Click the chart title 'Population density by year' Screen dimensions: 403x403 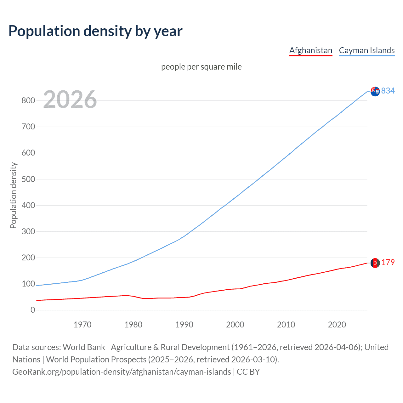[95, 31]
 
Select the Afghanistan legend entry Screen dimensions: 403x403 [310, 50]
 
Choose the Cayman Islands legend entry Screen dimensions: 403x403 [366, 50]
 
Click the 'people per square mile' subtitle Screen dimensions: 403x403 [201, 67]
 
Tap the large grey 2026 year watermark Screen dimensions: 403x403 [70, 99]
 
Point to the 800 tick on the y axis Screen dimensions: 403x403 [28, 101]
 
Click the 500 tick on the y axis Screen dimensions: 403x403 [28, 179]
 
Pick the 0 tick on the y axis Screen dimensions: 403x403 [33, 310]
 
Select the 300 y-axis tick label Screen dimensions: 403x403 [28, 231]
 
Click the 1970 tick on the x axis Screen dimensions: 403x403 [82, 325]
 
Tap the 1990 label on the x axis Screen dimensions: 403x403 [184, 325]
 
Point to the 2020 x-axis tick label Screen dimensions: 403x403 [337, 325]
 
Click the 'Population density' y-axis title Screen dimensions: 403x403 [13, 195]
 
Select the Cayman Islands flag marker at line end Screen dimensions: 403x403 [375, 92]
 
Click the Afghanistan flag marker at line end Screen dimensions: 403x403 [375, 263]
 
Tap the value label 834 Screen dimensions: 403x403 [388, 91]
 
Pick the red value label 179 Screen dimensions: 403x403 [388, 263]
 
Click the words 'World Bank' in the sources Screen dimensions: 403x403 [84, 347]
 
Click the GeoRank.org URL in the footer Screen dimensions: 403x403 [122, 372]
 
